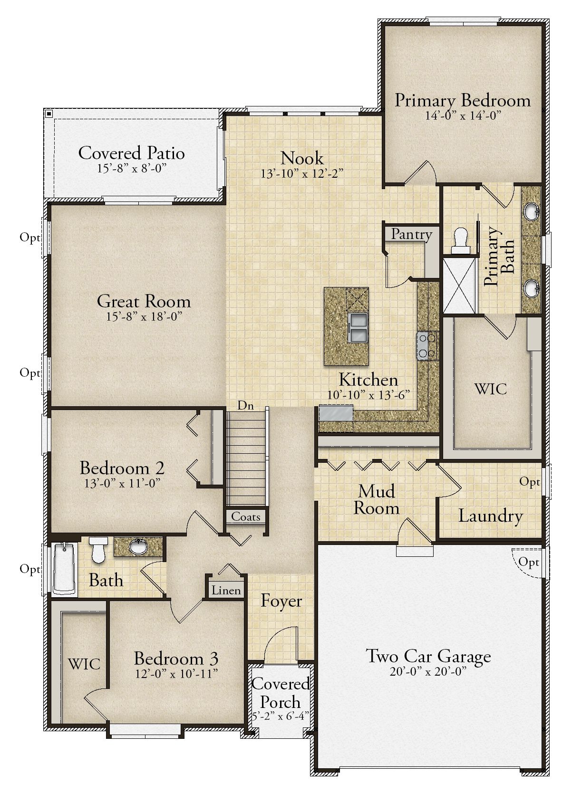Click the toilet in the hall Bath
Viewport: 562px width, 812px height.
click(x=98, y=549)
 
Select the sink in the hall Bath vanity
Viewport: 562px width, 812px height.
click(x=138, y=547)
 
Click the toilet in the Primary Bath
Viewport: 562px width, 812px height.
click(x=460, y=240)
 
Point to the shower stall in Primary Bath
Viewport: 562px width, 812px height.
click(x=459, y=285)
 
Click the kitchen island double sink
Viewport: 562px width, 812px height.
click(x=358, y=327)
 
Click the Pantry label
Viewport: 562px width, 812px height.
click(x=411, y=235)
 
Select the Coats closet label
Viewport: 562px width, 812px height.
click(x=246, y=516)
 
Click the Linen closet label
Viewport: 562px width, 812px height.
click(x=226, y=591)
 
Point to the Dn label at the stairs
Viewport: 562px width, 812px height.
click(x=245, y=405)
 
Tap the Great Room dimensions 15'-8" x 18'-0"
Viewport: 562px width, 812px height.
click(x=144, y=316)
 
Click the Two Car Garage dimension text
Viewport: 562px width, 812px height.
click(x=428, y=671)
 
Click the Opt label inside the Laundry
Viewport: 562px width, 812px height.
click(x=529, y=482)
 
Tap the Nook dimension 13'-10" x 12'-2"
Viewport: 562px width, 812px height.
click(x=302, y=173)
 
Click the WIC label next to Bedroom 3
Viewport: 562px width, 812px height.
click(x=84, y=664)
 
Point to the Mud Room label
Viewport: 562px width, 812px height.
click(x=376, y=499)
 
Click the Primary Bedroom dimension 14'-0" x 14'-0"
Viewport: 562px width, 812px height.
click(x=463, y=115)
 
